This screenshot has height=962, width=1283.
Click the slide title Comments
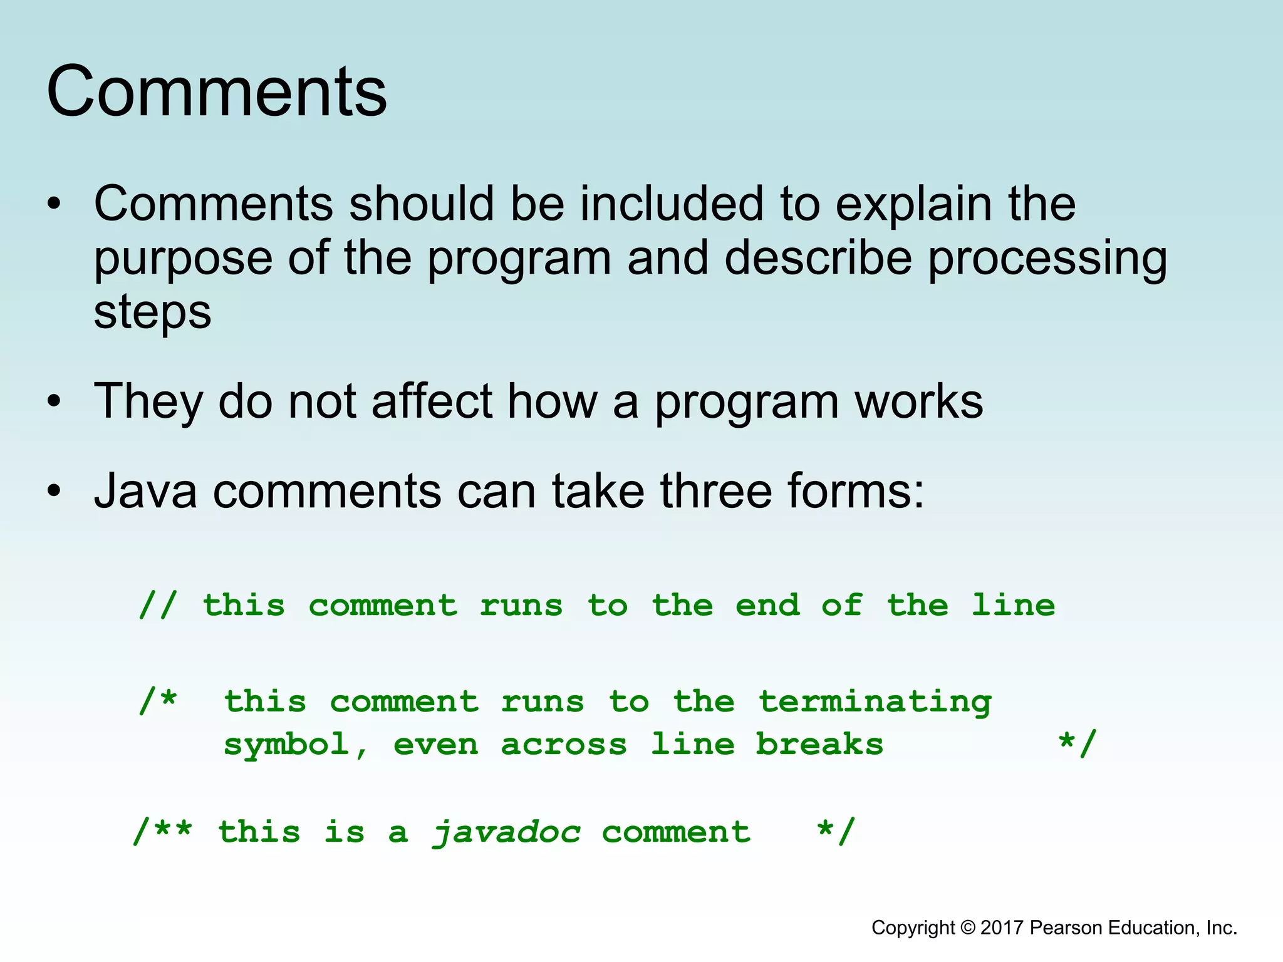click(x=217, y=91)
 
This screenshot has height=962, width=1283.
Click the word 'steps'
click(x=152, y=312)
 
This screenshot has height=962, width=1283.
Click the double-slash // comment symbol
click(x=158, y=606)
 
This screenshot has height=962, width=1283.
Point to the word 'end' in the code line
click(x=767, y=606)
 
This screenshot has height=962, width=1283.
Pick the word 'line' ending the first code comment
click(x=1013, y=606)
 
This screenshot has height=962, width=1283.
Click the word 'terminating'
click(x=875, y=702)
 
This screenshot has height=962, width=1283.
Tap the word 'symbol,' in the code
click(x=296, y=745)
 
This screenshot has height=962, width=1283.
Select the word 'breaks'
click(x=819, y=744)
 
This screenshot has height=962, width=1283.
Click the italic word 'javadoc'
click(x=506, y=832)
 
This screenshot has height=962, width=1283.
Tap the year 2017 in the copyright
click(x=1002, y=928)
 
